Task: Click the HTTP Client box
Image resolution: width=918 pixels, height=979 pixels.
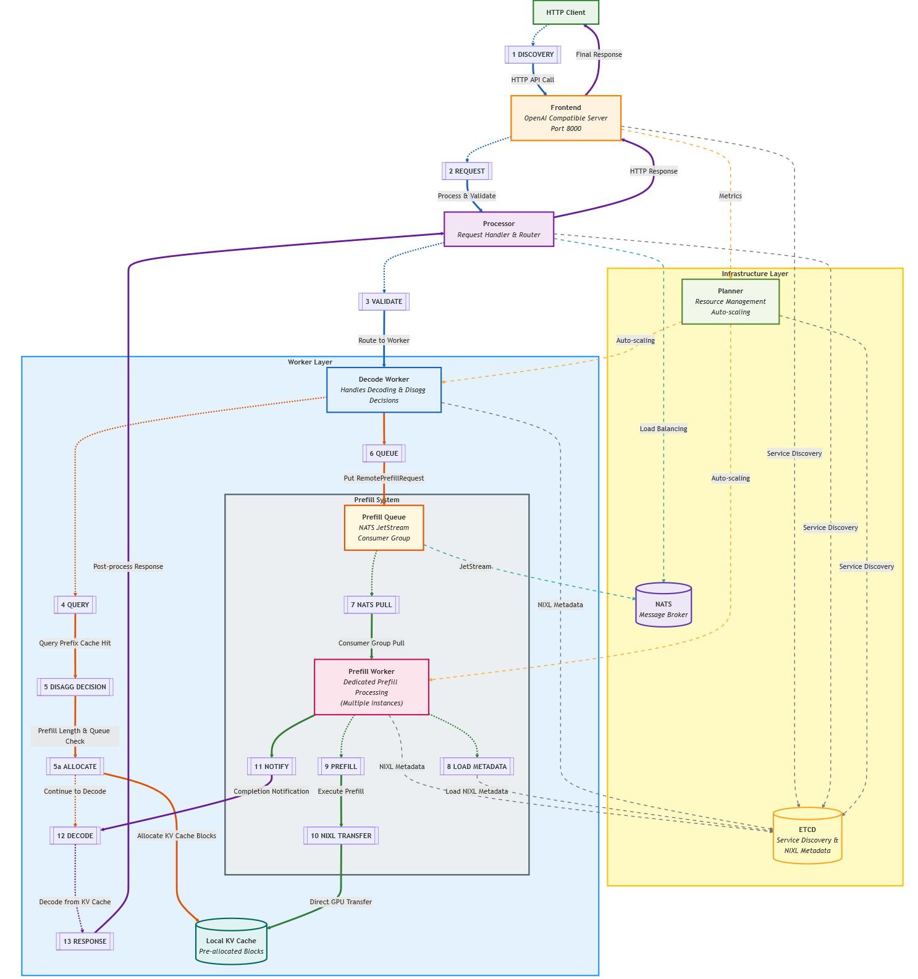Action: [x=566, y=12]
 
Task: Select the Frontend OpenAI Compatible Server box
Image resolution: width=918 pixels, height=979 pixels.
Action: [x=566, y=118]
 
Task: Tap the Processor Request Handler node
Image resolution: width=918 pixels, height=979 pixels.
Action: [x=499, y=229]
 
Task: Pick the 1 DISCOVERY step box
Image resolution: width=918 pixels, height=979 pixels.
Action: [x=533, y=54]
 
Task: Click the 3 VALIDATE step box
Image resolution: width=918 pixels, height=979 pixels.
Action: [x=384, y=301]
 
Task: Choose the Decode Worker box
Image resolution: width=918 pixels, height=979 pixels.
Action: [x=384, y=390]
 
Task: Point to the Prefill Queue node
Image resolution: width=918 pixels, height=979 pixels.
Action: [x=384, y=527]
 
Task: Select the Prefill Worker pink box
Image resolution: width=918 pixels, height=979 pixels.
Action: [x=371, y=687]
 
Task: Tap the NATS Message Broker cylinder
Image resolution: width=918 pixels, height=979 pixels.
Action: [x=663, y=605]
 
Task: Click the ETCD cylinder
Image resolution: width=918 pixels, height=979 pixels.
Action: [x=807, y=836]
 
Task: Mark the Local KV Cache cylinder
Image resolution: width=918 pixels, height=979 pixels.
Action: [x=231, y=942]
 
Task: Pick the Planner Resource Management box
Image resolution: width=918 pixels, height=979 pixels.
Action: [x=730, y=301]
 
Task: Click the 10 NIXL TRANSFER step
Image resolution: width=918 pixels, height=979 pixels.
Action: [x=341, y=836]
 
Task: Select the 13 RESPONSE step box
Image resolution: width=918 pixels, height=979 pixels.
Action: [x=85, y=941]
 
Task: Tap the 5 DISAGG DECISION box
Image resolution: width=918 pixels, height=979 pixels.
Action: [x=75, y=687]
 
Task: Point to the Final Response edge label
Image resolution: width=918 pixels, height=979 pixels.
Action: [x=599, y=54]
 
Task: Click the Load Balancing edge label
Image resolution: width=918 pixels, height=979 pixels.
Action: [x=663, y=429]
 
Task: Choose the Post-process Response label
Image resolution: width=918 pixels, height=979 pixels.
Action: [x=128, y=566]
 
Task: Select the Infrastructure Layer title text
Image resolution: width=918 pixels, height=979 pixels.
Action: [x=754, y=274]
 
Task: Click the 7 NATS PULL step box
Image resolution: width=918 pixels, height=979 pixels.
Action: [x=371, y=605]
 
